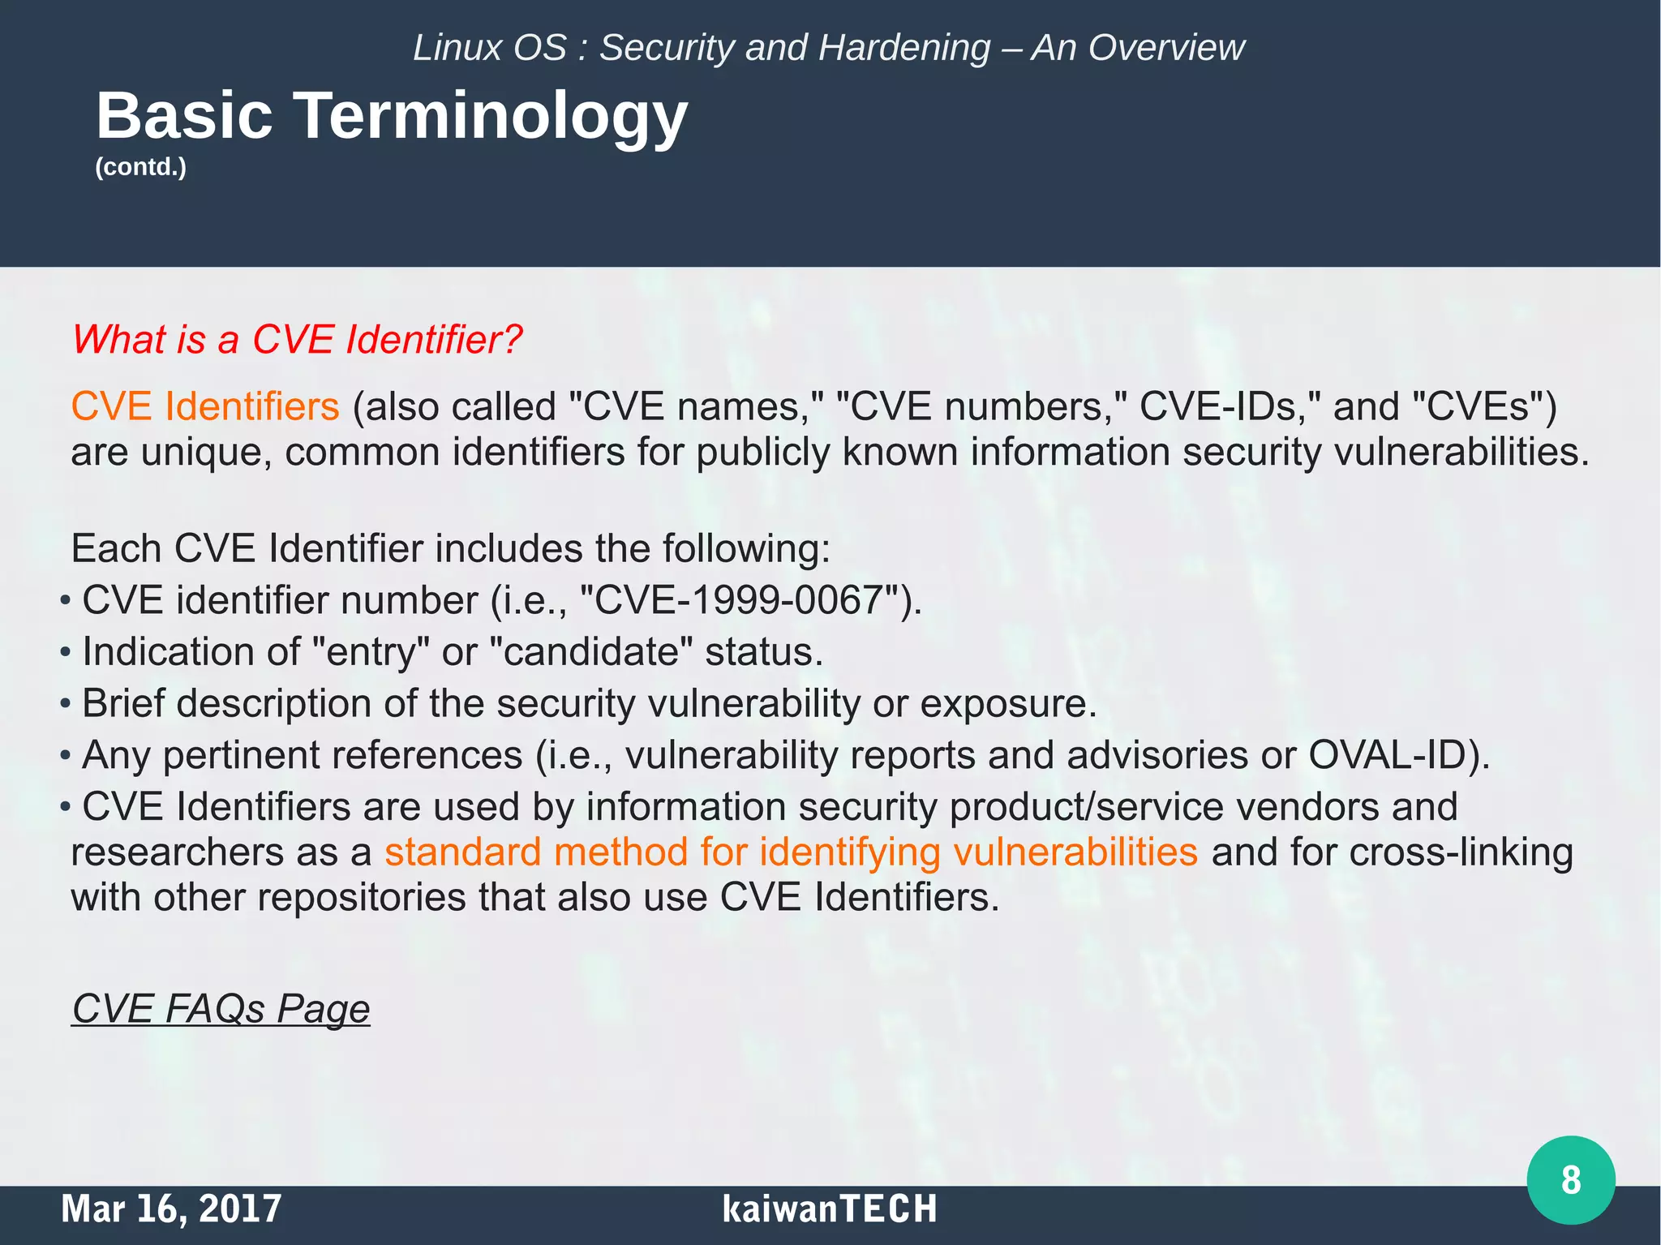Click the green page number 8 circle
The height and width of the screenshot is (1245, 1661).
(x=1570, y=1179)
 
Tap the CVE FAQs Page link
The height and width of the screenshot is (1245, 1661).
(x=221, y=1008)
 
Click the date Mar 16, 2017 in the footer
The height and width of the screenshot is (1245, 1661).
(x=171, y=1209)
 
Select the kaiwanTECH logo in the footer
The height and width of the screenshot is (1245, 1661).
(x=829, y=1209)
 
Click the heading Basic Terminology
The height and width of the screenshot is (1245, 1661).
(x=392, y=115)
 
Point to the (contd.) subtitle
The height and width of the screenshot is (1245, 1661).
(x=141, y=167)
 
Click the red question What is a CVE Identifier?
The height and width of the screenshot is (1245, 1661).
(x=297, y=339)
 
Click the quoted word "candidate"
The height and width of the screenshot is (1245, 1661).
(x=590, y=652)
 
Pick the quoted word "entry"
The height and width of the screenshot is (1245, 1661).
(x=370, y=652)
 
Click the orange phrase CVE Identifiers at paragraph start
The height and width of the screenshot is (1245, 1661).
(x=205, y=406)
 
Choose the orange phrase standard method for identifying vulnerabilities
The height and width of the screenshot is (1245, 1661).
(x=791, y=852)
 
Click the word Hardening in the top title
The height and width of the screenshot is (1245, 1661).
(x=904, y=48)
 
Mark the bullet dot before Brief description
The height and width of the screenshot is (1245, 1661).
(x=65, y=704)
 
